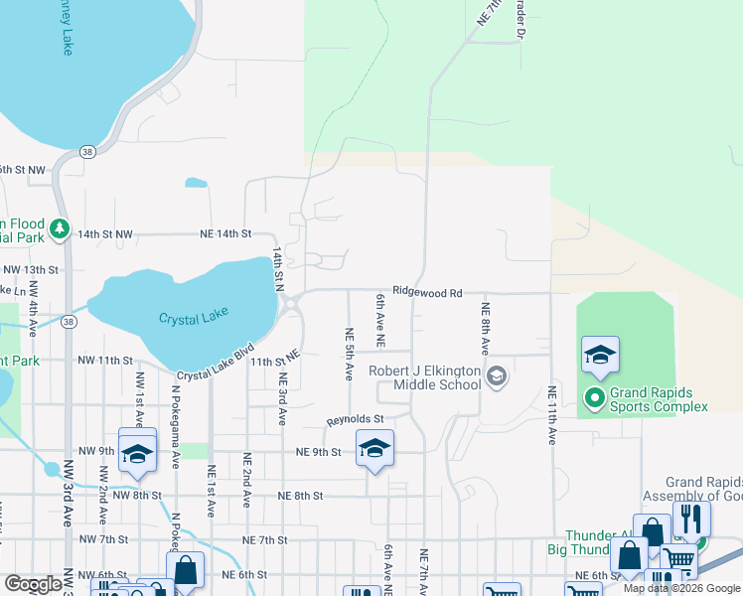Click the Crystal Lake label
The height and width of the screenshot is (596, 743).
tap(194, 317)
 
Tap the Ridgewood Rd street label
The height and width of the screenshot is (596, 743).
tap(427, 293)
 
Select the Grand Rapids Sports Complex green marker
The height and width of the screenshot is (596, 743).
tap(595, 399)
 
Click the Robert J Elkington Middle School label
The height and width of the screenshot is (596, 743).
tap(424, 377)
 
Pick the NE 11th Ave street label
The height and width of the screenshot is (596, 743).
tap(551, 414)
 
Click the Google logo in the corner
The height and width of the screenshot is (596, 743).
tap(34, 584)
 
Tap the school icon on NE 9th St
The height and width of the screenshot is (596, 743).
tap(374, 448)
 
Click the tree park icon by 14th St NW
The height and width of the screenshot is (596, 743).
tap(59, 230)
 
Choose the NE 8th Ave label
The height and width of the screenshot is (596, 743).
tap(486, 329)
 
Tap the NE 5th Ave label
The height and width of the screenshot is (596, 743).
tap(349, 355)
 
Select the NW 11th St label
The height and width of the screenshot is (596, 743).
tap(108, 360)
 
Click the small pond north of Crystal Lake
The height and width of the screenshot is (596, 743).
tap(196, 183)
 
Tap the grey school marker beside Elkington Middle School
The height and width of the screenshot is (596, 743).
tap(498, 375)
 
